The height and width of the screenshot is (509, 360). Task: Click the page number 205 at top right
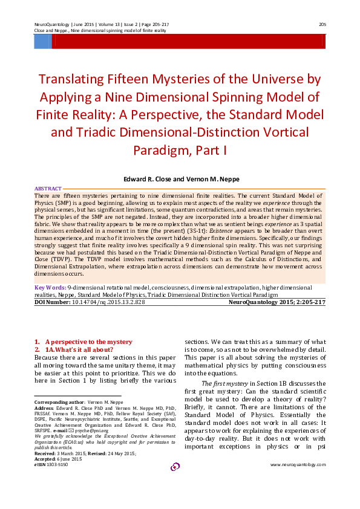coord(322,24)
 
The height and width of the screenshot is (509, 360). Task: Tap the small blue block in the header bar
coord(42,41)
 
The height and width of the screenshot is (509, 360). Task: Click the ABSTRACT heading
coord(48,189)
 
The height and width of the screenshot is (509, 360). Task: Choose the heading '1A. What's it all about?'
coord(79,349)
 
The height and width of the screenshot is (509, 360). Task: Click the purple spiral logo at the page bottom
coord(175,466)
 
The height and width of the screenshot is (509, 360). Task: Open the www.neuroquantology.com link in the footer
coord(298,464)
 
